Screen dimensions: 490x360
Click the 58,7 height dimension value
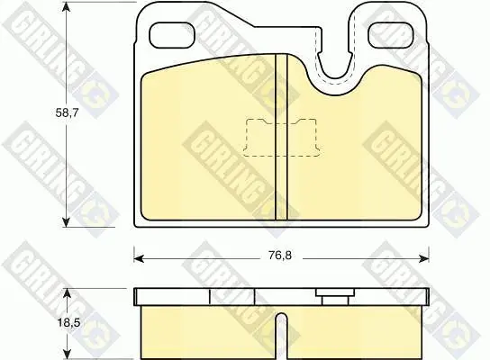coord(67,112)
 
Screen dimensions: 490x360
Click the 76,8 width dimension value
coord(280,256)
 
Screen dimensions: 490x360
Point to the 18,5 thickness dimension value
coord(68,322)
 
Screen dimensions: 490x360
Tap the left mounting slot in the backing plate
coord(172,35)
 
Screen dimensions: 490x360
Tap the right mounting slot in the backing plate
coord(391,35)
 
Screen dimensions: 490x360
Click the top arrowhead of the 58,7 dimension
coord(66,7)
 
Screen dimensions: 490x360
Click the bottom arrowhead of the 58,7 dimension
coord(66,221)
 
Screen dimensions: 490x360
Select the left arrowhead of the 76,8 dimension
coord(139,258)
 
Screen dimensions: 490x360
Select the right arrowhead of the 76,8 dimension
coord(423,258)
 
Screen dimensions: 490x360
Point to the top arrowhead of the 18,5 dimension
coord(68,293)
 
